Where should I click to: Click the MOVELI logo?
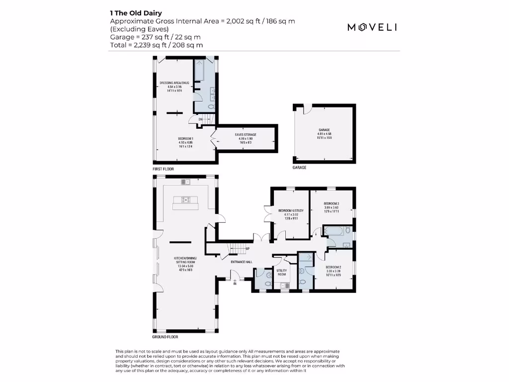[x=372, y=27]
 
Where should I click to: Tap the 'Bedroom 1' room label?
[x=185, y=140]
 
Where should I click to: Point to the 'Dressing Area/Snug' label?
[x=174, y=85]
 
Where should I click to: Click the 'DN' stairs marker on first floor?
[x=201, y=119]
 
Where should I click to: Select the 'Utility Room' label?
[x=282, y=273]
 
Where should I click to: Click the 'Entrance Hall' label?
[x=242, y=262]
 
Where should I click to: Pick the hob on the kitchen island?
[x=185, y=200]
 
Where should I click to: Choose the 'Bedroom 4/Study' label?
[x=287, y=212]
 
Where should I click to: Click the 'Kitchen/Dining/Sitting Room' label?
[x=185, y=262]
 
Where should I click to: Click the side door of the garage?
[x=308, y=107]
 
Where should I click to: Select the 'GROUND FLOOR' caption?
[x=166, y=337]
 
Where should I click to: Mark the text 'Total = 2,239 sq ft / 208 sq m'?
[x=156, y=45]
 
